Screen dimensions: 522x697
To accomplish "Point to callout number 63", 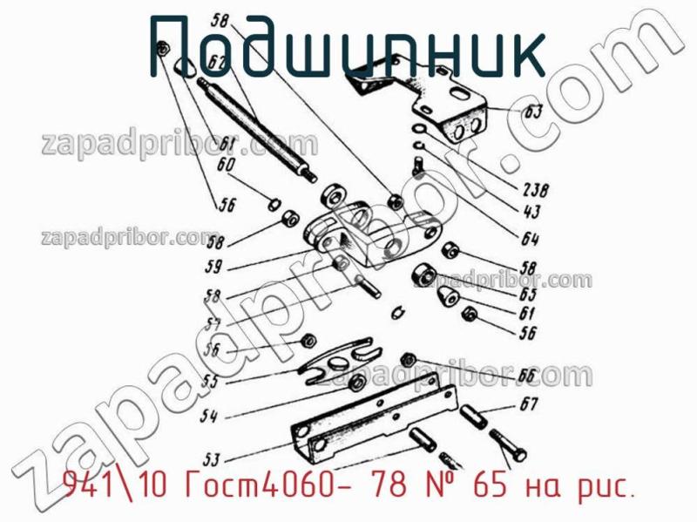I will [x=533, y=112].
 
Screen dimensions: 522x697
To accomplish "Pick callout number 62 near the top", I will [x=218, y=62].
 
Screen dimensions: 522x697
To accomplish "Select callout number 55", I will [x=212, y=380].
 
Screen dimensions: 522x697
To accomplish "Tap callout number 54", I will [x=208, y=417].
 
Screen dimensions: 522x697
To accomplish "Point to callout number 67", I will [x=529, y=403].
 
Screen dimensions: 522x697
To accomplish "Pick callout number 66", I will [x=527, y=375].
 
